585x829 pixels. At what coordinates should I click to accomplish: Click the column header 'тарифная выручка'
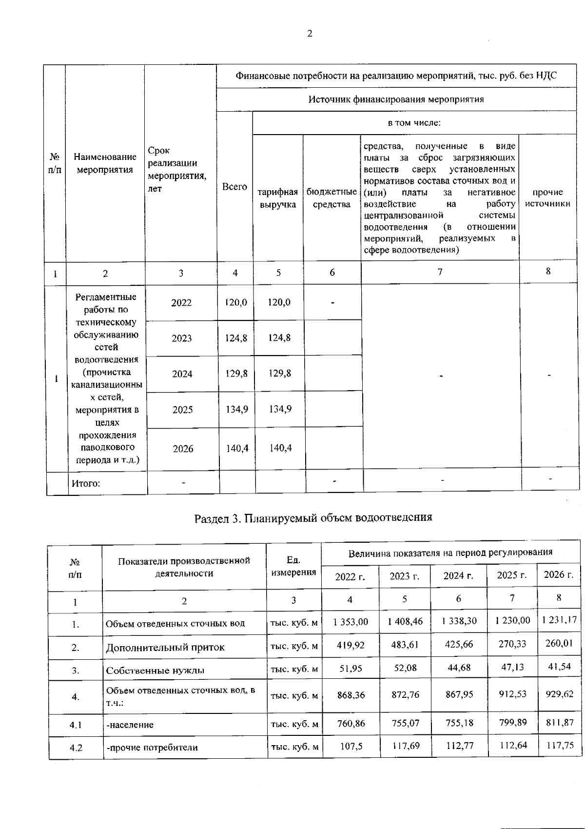[278, 198]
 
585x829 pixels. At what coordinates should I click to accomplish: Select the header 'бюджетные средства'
[331, 198]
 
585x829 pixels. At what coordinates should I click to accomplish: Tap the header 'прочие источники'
[547, 198]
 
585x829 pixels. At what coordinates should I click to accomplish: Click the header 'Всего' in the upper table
[234, 187]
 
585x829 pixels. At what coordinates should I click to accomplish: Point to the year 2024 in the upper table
[182, 374]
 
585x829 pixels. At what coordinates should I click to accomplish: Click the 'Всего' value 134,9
[237, 410]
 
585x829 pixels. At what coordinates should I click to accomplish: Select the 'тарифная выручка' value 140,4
[280, 448]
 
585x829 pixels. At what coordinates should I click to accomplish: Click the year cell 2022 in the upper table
[181, 303]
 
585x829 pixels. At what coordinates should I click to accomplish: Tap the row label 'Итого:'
[86, 483]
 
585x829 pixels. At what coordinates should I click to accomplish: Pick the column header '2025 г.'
[512, 575]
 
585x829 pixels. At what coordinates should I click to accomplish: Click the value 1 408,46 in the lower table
[405, 621]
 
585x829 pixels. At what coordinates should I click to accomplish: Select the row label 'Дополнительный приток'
[165, 648]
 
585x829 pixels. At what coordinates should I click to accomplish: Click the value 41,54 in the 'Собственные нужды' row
[559, 667]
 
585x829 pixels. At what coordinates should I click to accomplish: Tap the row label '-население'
[130, 725]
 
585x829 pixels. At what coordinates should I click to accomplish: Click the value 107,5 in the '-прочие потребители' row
[351, 747]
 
